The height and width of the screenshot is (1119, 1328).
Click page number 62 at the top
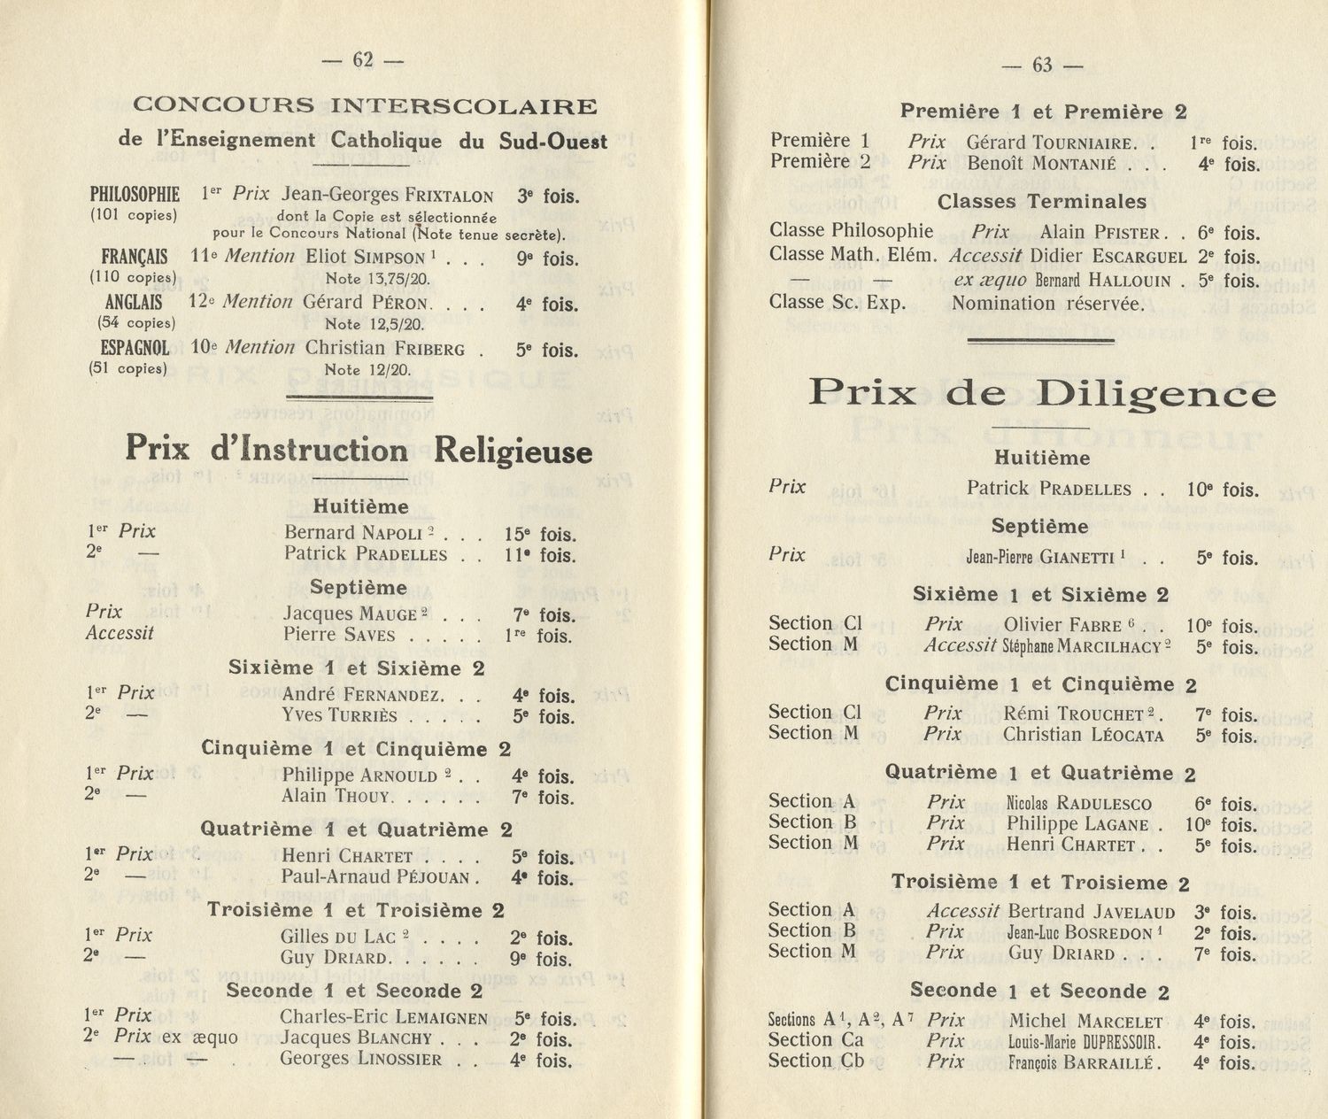[362, 59]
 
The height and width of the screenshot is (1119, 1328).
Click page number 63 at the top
[1042, 65]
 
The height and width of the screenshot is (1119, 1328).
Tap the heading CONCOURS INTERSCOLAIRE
[364, 106]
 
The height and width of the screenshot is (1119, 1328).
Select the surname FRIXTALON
[449, 197]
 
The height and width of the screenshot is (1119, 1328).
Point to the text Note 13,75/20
[377, 279]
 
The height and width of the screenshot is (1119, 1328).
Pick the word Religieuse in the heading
[513, 451]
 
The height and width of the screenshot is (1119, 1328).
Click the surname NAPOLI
[393, 534]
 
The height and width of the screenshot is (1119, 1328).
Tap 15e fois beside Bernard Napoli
[540, 535]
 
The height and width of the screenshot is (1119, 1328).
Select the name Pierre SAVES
[339, 635]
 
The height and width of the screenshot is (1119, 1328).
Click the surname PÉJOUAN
[435, 878]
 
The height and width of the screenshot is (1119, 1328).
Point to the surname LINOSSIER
[404, 1060]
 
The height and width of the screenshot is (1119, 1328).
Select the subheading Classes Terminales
[1041, 202]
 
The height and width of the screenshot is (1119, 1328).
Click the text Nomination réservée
[1047, 305]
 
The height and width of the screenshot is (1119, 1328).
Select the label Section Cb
[815, 1061]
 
